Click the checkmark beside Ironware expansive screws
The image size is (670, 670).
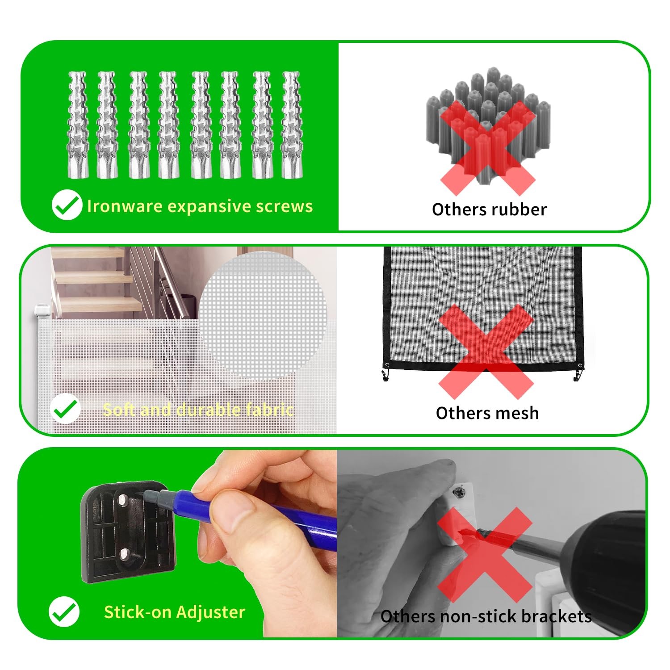(x=67, y=205)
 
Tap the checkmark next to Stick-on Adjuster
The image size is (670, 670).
(x=64, y=612)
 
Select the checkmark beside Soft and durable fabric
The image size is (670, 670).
(x=65, y=409)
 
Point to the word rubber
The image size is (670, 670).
(x=519, y=209)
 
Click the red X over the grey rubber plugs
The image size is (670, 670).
(x=488, y=148)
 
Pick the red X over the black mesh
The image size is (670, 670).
(x=486, y=352)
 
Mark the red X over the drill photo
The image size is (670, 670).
(x=485, y=555)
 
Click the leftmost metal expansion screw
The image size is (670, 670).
(x=78, y=125)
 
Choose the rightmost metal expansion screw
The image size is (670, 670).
(x=293, y=125)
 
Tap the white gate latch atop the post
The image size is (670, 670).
(x=41, y=309)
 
